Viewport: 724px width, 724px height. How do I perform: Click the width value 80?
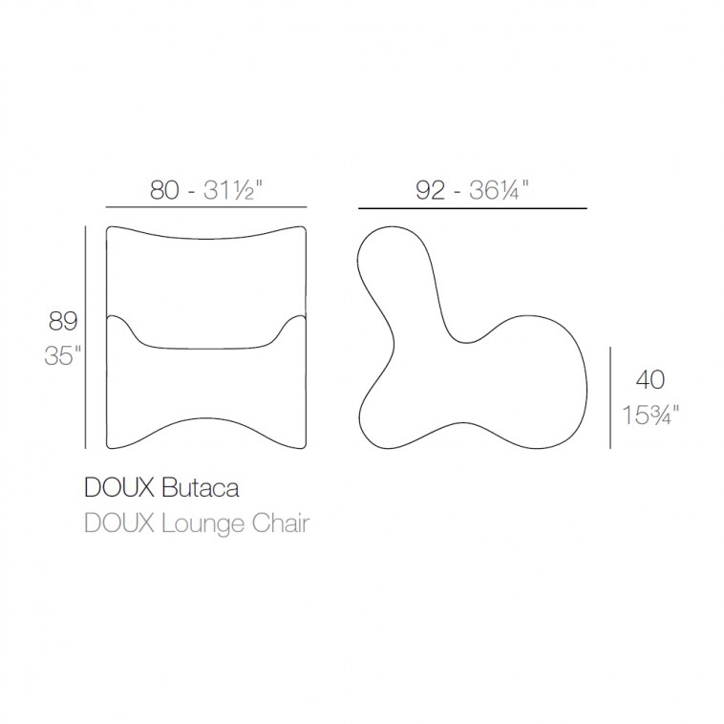pyautogui.click(x=164, y=190)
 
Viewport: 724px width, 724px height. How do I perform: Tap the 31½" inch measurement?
pyautogui.click(x=233, y=190)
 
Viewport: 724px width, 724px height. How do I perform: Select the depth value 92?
pyautogui.click(x=431, y=190)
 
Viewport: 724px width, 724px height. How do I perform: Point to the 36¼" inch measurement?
pyautogui.click(x=499, y=190)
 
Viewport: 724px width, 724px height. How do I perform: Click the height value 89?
pyautogui.click(x=63, y=321)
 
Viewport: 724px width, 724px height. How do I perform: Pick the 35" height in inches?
pyautogui.click(x=62, y=355)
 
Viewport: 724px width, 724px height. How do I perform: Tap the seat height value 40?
pyautogui.click(x=650, y=380)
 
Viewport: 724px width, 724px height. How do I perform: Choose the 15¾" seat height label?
pyautogui.click(x=650, y=415)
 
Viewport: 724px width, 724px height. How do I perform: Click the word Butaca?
pyautogui.click(x=201, y=488)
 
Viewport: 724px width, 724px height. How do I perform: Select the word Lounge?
pyautogui.click(x=202, y=524)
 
